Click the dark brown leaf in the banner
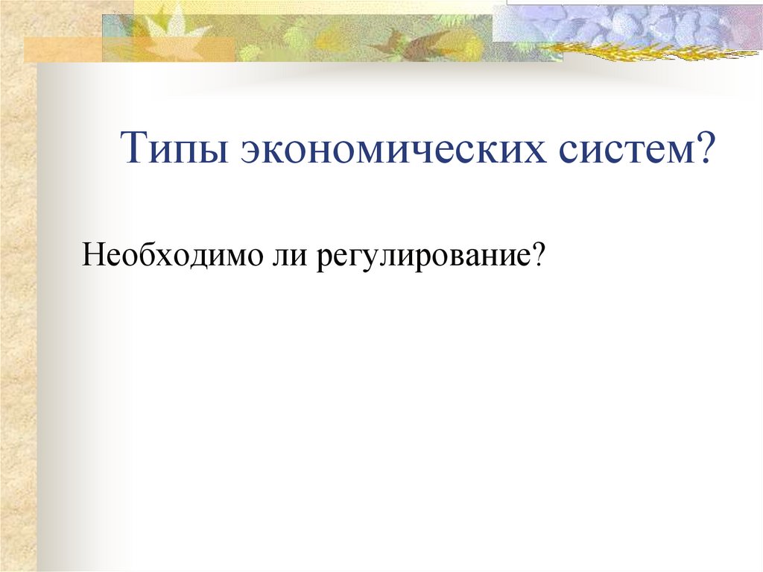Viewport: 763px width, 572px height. (x=409, y=41)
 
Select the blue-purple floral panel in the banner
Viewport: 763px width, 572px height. (x=626, y=22)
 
